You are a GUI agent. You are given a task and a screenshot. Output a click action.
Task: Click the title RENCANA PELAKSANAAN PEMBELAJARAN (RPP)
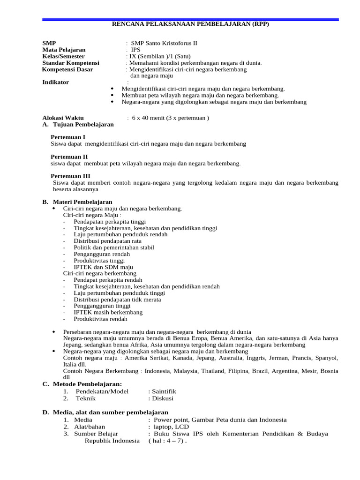click(x=190, y=24)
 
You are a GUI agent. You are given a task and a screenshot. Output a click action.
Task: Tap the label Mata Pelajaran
click(x=64, y=50)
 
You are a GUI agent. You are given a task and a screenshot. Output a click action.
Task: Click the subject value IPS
click(x=135, y=50)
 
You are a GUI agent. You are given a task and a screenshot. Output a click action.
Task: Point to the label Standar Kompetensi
click(x=71, y=63)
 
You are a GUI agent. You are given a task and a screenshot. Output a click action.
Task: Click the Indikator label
click(x=55, y=82)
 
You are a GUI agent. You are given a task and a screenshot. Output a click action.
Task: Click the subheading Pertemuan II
click(x=69, y=157)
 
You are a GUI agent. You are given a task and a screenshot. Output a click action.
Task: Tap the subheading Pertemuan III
click(x=70, y=176)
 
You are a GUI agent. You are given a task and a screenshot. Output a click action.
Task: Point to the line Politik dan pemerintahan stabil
click(x=114, y=247)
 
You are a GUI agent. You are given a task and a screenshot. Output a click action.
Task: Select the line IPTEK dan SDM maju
click(x=100, y=267)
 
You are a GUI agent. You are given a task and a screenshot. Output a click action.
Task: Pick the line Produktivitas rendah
click(x=100, y=319)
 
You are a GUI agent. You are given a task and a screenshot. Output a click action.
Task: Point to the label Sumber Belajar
click(x=96, y=434)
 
